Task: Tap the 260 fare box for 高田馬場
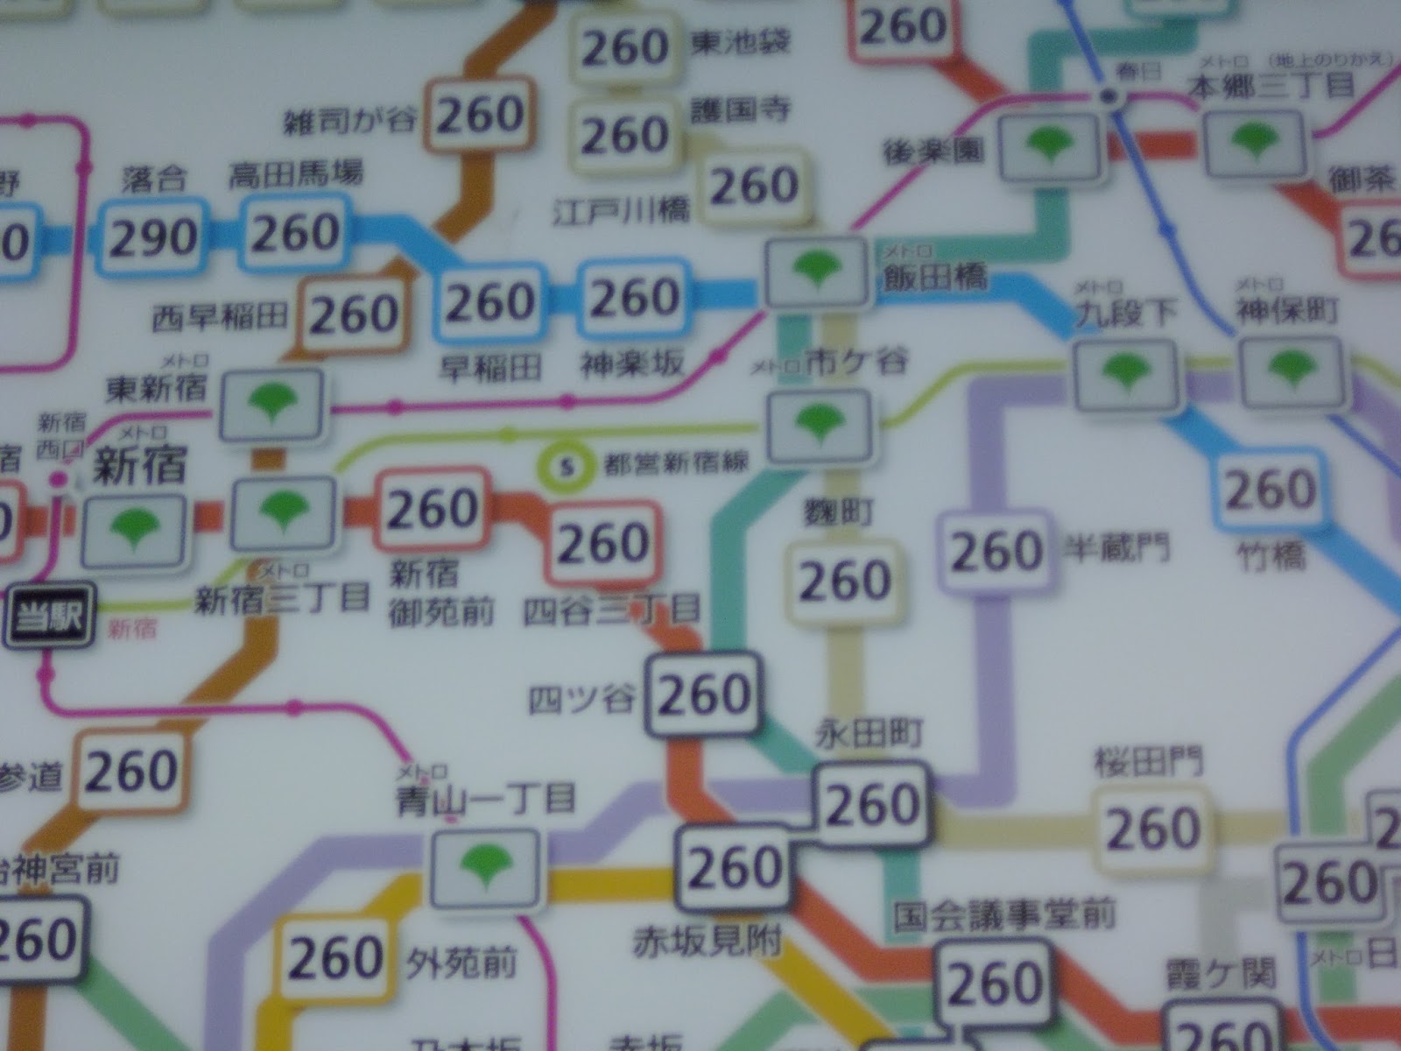pyautogui.click(x=295, y=233)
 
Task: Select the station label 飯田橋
pyautogui.click(x=933, y=279)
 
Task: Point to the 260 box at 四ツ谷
pyautogui.click(x=704, y=695)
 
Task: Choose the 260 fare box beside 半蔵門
pyautogui.click(x=996, y=552)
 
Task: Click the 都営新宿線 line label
pyautogui.click(x=677, y=464)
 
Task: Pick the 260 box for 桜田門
pyautogui.click(x=1153, y=829)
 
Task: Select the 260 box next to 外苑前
pyautogui.click(x=335, y=957)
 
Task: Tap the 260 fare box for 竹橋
pyautogui.click(x=1269, y=490)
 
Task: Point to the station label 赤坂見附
pyautogui.click(x=707, y=942)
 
